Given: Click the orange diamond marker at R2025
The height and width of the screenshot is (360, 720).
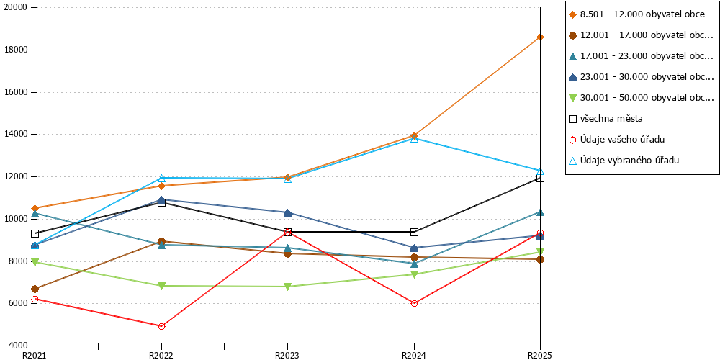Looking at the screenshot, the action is [541, 37].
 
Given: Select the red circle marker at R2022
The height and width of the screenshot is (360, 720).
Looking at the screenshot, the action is [161, 326].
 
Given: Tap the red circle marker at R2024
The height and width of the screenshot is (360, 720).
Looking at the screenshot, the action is [414, 303].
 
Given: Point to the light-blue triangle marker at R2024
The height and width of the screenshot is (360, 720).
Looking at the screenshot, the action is [414, 139].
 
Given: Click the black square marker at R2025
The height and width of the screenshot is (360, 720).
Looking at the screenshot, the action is [541, 178].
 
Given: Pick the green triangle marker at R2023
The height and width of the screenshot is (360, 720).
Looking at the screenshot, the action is [288, 287].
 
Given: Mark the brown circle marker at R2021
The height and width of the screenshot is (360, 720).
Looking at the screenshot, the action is [35, 289].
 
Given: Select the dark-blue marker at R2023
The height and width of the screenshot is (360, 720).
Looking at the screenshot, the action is [288, 212].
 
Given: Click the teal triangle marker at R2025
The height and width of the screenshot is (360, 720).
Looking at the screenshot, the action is [541, 212].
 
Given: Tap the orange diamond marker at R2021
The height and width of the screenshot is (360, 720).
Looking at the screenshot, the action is [35, 209].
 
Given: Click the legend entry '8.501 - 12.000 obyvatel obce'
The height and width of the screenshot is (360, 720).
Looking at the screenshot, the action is [636, 14].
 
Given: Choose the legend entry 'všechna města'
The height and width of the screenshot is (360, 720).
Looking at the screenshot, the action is [606, 119].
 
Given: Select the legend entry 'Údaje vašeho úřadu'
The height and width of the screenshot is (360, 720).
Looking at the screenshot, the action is [617, 140].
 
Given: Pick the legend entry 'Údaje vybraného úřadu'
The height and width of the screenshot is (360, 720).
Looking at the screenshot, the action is [624, 161].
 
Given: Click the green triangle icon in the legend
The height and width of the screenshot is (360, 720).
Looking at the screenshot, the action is [572, 98].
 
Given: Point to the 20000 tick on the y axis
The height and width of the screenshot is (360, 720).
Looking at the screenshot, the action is [32, 8].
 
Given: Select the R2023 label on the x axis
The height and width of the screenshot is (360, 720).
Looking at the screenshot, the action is [287, 355].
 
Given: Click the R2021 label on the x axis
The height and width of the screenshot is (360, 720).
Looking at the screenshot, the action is [35, 355].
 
